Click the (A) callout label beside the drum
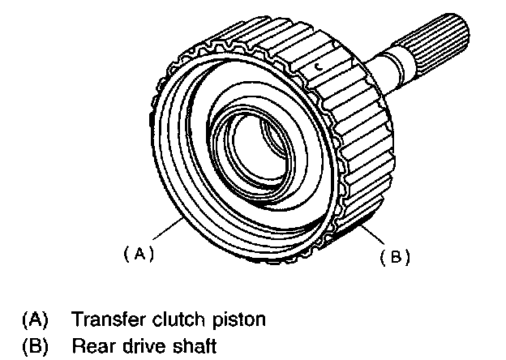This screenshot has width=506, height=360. (139, 254)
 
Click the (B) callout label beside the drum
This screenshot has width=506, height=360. (395, 258)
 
